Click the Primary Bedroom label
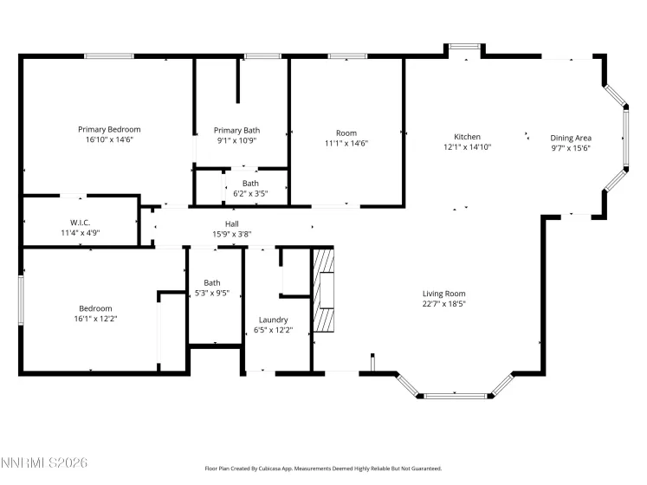(x=109, y=129)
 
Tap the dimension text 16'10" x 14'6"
(x=109, y=139)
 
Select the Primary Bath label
(x=236, y=130)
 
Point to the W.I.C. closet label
(x=81, y=223)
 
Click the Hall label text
(x=232, y=223)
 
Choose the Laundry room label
(x=273, y=320)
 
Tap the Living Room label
(x=443, y=294)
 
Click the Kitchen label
(x=468, y=137)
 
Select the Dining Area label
(x=572, y=138)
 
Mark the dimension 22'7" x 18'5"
(x=443, y=304)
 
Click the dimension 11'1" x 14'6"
(x=346, y=144)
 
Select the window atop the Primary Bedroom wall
(x=109, y=56)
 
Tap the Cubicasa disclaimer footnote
(x=322, y=468)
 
